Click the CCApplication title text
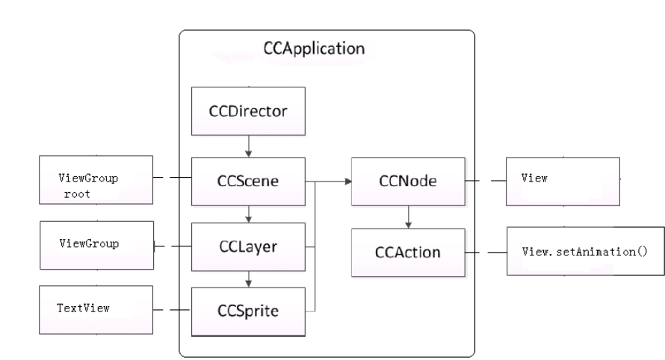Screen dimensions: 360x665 click(x=314, y=50)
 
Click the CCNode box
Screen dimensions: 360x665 click(x=407, y=181)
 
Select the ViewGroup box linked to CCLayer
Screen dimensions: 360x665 click(x=89, y=245)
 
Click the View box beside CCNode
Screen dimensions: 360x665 click(x=562, y=180)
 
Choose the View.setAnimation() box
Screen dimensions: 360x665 click(x=584, y=252)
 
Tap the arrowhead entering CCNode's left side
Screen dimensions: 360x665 click(x=348, y=181)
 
